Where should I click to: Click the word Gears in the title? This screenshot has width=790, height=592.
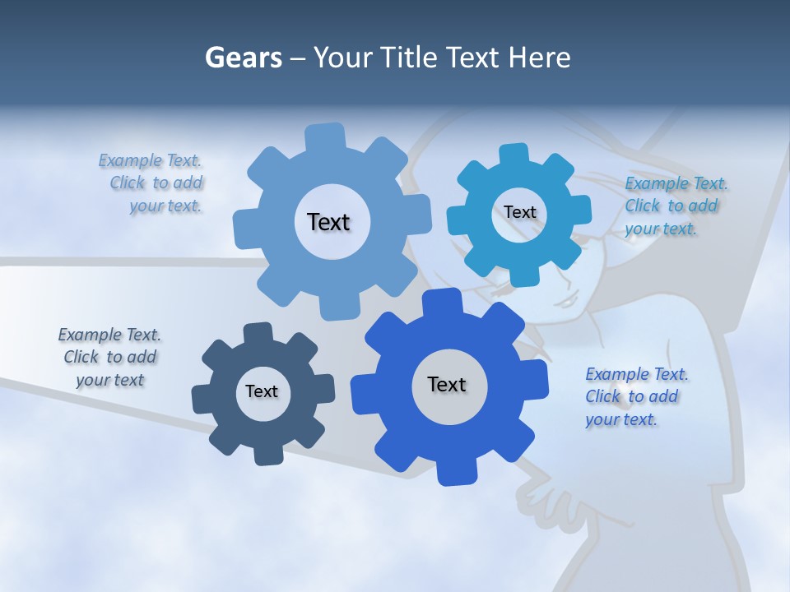pyautogui.click(x=243, y=58)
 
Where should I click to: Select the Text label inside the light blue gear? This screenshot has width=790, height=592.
pyautogui.click(x=328, y=222)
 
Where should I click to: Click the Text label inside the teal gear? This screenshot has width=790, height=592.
pyautogui.click(x=519, y=212)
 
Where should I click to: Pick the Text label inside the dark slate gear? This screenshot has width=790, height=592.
pyautogui.click(x=262, y=391)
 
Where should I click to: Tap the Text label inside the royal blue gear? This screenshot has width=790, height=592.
pyautogui.click(x=447, y=384)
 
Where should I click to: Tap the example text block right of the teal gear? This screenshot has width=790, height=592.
pyautogui.click(x=675, y=206)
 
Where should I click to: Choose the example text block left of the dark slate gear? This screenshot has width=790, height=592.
pyautogui.click(x=110, y=357)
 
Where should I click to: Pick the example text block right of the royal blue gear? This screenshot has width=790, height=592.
pyautogui.click(x=635, y=396)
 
